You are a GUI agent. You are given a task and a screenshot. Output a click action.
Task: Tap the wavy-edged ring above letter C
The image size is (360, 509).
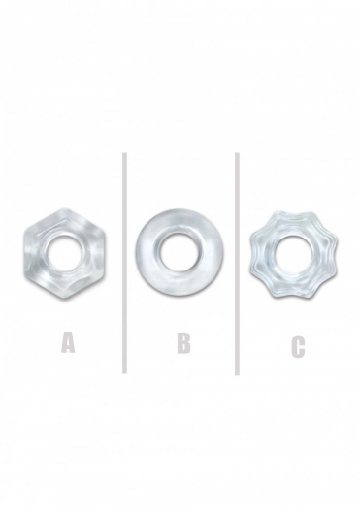tap(260, 253)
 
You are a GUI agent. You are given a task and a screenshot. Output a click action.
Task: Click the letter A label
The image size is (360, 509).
tap(68, 343)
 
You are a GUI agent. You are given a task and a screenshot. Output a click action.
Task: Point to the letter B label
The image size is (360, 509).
tap(184, 343)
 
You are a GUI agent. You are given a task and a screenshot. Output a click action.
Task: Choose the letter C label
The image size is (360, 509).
tap(298, 347)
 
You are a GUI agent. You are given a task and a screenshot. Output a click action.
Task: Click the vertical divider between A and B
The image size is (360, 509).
tap(124, 263)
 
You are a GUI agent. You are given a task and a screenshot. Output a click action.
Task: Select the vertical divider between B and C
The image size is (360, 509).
tap(237, 264)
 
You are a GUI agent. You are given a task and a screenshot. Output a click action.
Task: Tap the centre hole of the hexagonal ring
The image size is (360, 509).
tap(65, 252)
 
